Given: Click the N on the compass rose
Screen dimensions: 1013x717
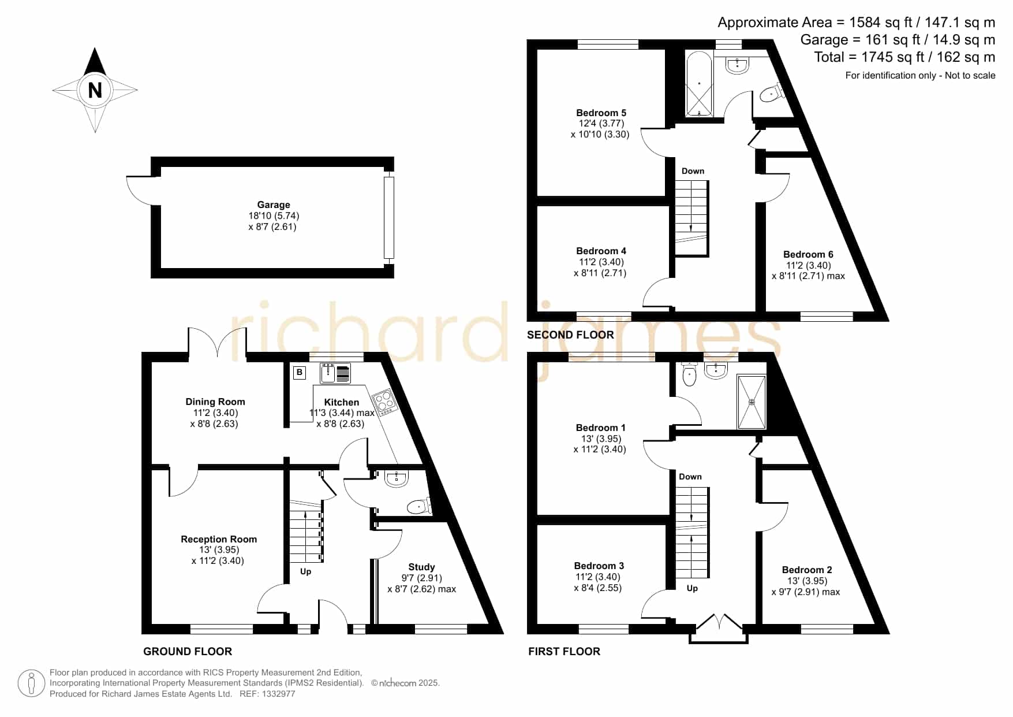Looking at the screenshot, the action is click(95, 90).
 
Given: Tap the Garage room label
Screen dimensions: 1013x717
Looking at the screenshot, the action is click(274, 205).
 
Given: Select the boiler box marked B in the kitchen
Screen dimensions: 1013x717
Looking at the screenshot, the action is click(300, 373).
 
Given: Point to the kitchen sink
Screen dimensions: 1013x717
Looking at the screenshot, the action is click(335, 373).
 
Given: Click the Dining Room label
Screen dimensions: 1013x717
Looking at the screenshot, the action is click(215, 402).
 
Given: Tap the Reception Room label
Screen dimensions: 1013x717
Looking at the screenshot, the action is click(219, 539).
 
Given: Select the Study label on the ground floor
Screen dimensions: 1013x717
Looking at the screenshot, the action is click(421, 567).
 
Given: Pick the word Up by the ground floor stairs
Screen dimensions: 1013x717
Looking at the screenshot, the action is click(305, 571).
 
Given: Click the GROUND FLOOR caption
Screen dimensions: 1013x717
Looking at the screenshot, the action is click(188, 651).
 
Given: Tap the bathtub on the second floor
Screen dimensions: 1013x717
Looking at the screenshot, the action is click(699, 84).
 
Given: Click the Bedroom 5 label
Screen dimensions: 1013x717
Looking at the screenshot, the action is click(601, 113).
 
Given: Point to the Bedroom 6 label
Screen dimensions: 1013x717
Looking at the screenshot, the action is click(808, 254).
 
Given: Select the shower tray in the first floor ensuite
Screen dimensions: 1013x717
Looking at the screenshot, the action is click(752, 402).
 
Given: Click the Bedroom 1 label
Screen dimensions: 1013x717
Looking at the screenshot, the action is click(600, 428).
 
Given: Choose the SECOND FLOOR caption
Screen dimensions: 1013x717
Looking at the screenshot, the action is click(570, 335).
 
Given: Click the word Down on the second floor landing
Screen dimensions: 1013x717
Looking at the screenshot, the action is click(693, 171).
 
